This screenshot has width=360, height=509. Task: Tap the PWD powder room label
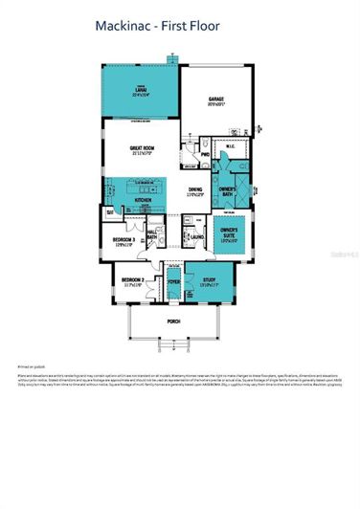(206, 153)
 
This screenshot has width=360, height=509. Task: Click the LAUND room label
(197, 236)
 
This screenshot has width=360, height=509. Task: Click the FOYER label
(174, 282)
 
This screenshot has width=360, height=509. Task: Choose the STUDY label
(209, 282)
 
